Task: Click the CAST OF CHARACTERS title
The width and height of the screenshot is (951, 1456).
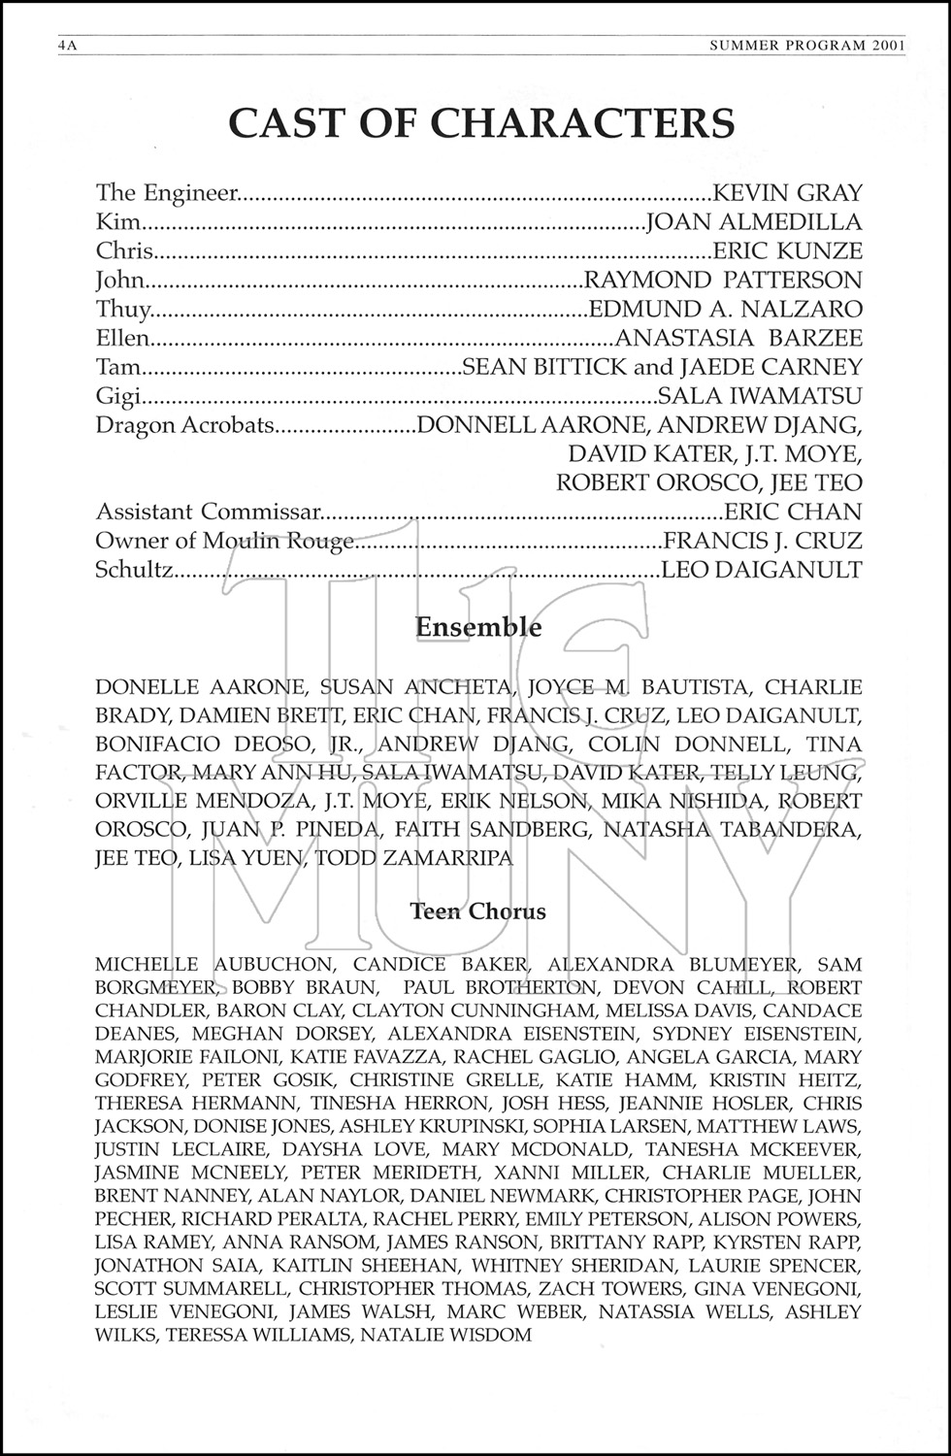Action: click(x=480, y=123)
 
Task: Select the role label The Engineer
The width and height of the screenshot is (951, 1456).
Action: click(x=166, y=193)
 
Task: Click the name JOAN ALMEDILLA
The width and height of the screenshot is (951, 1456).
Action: click(x=754, y=222)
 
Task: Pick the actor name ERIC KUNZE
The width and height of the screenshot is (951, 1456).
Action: click(x=787, y=251)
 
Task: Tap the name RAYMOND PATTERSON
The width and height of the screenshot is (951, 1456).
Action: click(x=722, y=281)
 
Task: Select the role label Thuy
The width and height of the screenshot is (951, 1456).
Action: click(x=124, y=310)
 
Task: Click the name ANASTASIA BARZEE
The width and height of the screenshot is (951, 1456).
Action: click(x=738, y=339)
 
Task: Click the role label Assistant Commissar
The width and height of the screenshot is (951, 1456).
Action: click(x=208, y=512)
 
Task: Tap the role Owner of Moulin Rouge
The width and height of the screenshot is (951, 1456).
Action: click(x=225, y=541)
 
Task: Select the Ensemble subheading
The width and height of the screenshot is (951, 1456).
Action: click(x=478, y=627)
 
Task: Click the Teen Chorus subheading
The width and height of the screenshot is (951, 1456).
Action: click(x=477, y=911)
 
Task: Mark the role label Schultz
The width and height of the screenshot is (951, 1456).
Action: click(x=134, y=570)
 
